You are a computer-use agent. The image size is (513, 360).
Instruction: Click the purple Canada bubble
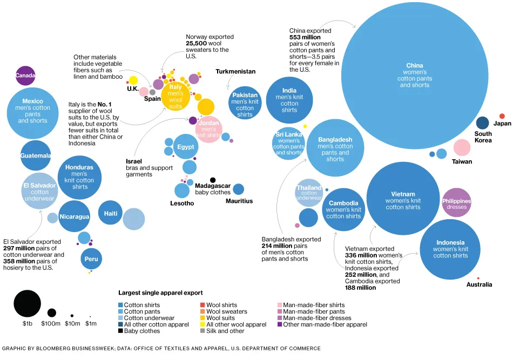[x=25, y=76]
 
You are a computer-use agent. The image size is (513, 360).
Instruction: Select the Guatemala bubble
[x=36, y=155]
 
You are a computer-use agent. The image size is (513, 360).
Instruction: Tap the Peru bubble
[x=91, y=260]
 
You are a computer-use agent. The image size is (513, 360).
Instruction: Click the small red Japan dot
[x=502, y=116]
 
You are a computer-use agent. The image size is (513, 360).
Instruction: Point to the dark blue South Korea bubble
[x=482, y=123]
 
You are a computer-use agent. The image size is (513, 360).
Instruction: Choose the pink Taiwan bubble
[x=462, y=147]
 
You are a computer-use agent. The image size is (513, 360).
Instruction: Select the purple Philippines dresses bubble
[x=456, y=203]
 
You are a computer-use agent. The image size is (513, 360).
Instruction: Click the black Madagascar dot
[x=213, y=180]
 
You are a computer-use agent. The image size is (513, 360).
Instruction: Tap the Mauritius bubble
[x=238, y=189]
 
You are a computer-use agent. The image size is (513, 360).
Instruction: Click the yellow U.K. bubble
[x=133, y=80]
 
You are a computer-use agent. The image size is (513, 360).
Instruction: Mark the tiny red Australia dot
[x=478, y=278]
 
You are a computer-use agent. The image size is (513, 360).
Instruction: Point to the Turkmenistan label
[x=235, y=71]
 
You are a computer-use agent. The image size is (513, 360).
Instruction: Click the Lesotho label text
[x=182, y=203]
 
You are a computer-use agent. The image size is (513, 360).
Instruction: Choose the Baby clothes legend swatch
[x=120, y=331]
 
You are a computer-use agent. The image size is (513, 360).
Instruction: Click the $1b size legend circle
[x=28, y=303]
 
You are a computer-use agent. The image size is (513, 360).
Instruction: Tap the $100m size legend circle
[x=52, y=313]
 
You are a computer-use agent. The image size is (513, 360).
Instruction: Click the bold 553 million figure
[x=305, y=37]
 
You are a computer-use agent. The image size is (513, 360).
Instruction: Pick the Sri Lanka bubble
[x=289, y=143]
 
